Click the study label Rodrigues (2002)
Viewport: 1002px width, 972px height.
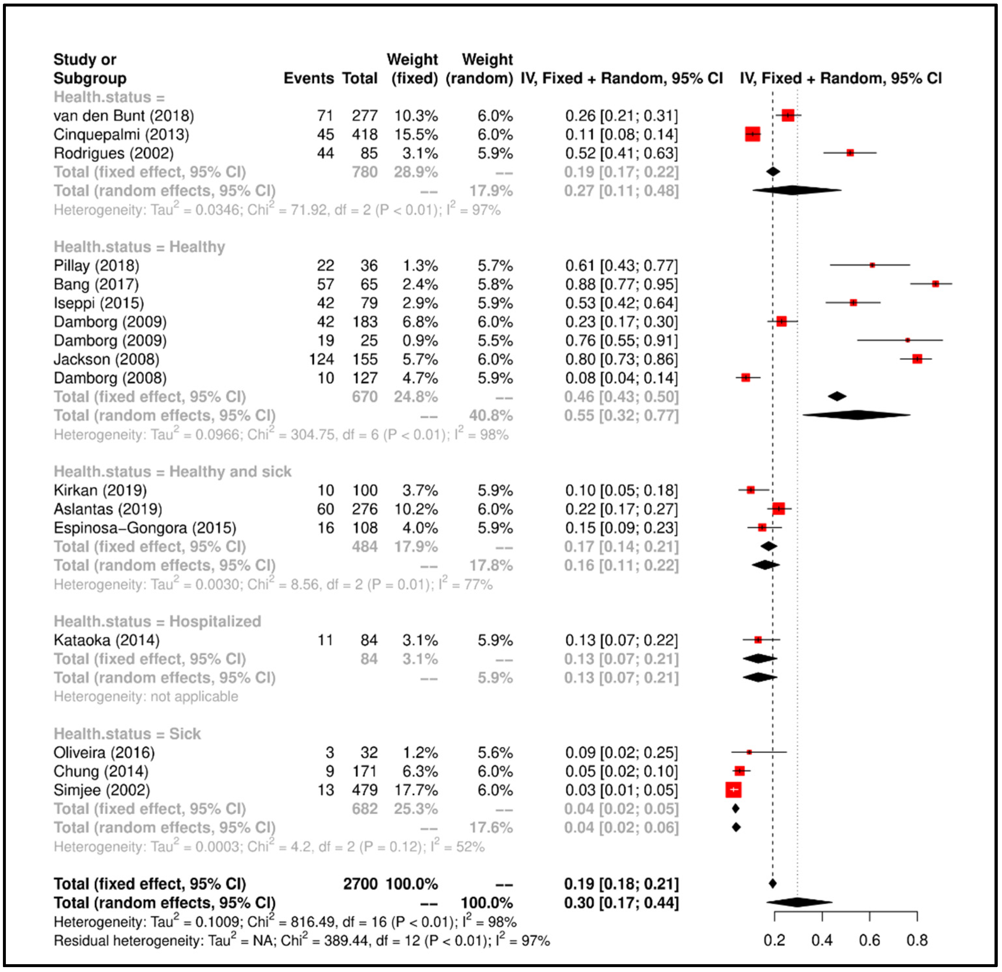click(x=114, y=153)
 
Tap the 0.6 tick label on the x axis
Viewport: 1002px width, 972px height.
click(x=869, y=940)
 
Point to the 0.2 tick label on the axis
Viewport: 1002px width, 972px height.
click(x=774, y=940)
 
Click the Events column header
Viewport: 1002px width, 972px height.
click(x=308, y=78)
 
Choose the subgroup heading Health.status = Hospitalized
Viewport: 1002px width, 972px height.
click(x=158, y=621)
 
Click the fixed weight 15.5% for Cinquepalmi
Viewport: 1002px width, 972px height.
click(x=416, y=134)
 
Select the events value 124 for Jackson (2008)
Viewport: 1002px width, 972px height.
click(x=321, y=359)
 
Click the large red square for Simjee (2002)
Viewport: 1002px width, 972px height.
click(x=733, y=790)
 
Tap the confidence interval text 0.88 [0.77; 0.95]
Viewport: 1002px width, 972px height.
click(x=621, y=284)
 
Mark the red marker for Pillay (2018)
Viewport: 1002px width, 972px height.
click(x=872, y=265)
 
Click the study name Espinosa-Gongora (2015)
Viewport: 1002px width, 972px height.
click(x=145, y=528)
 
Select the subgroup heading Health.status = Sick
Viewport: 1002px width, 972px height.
click(x=127, y=734)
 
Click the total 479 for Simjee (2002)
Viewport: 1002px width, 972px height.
click(x=364, y=790)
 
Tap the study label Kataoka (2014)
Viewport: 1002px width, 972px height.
click(x=106, y=640)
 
